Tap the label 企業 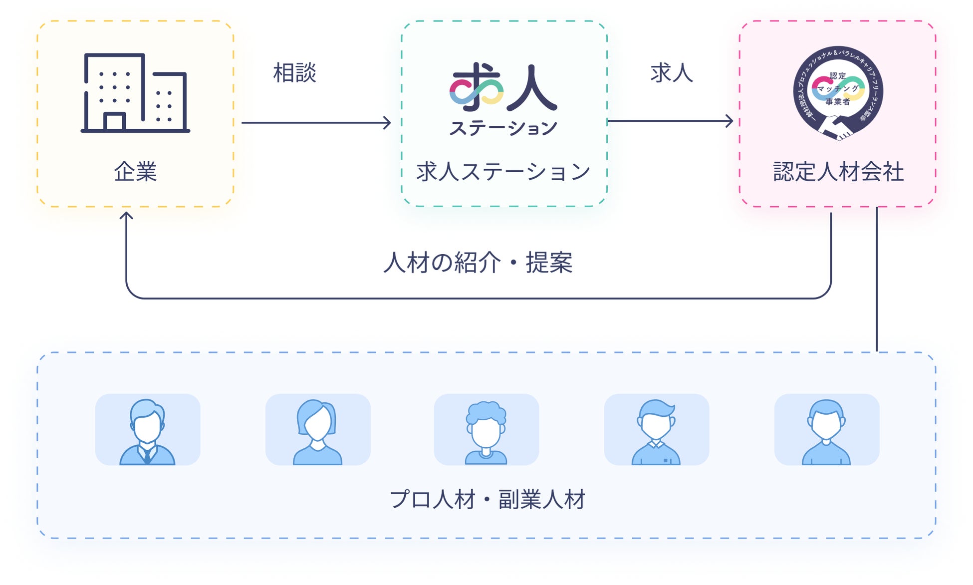coord(135,172)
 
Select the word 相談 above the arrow coord(294,73)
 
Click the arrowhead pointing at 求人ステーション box coord(387,123)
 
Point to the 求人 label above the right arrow coord(672,73)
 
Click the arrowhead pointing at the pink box coord(730,121)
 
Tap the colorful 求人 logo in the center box coord(503,88)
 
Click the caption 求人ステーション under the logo coord(503,172)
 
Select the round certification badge coord(838,93)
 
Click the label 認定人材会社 coord(838,172)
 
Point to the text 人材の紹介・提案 coord(478,263)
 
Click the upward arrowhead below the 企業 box coord(126,216)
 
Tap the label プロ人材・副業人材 coord(487,499)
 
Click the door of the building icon coord(114,122)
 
